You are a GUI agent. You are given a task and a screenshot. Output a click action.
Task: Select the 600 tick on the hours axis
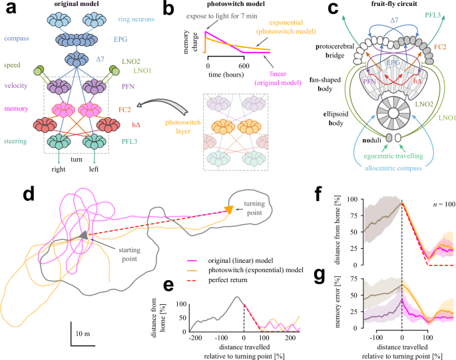coord(243,66)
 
